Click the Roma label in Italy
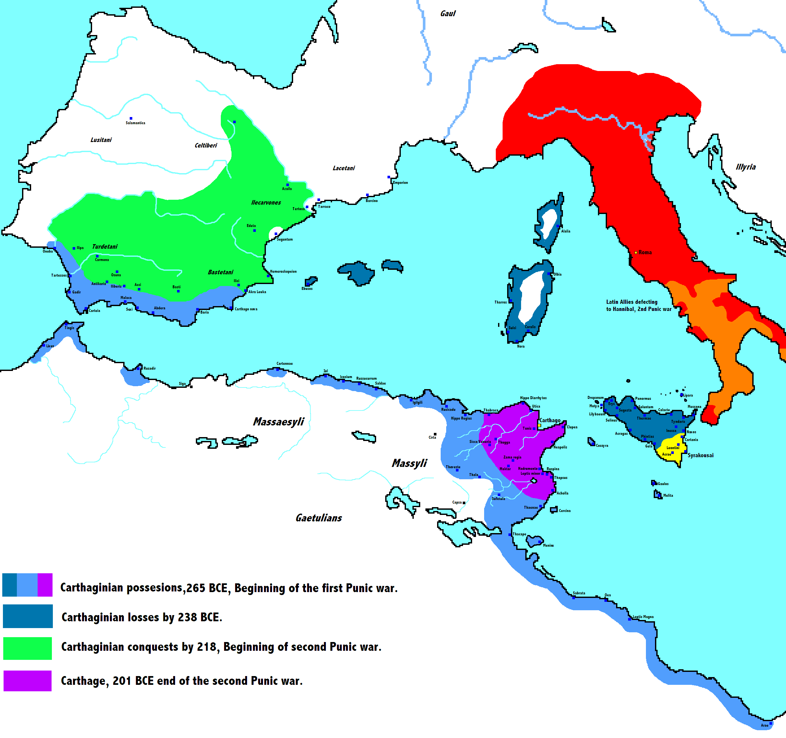(645, 252)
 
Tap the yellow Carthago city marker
(539, 425)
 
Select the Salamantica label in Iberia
(135, 123)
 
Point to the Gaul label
(447, 13)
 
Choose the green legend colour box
(27, 648)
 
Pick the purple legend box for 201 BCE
(27, 681)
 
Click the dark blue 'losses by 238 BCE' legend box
(28, 616)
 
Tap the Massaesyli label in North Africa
(278, 422)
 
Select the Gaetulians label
(319, 518)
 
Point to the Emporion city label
(400, 183)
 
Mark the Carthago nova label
(246, 309)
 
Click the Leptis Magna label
(643, 617)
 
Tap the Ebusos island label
(307, 289)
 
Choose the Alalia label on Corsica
(566, 231)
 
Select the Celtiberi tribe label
(206, 146)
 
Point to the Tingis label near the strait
(69, 328)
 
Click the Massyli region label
(409, 463)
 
